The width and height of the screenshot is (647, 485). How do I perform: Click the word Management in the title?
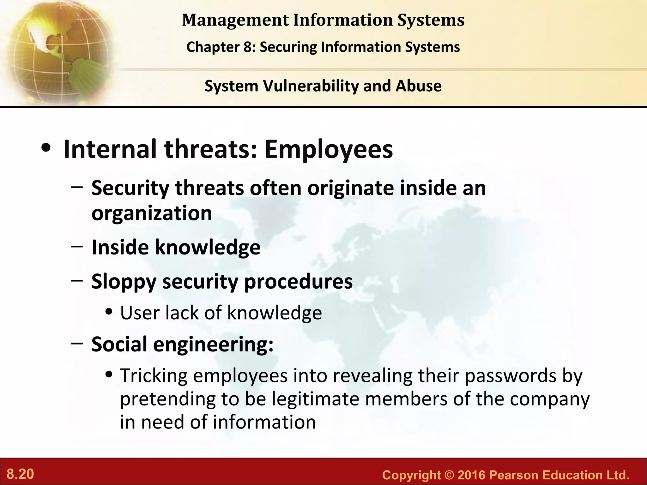tap(235, 20)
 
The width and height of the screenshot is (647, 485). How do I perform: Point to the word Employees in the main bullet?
tap(329, 149)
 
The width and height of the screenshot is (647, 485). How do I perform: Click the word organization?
tap(152, 213)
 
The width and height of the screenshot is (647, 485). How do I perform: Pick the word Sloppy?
tap(124, 282)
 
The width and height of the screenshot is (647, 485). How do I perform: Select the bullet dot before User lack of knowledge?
tap(109, 312)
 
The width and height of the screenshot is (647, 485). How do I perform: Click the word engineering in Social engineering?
tap(213, 344)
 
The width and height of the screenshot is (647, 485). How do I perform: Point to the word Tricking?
tap(154, 376)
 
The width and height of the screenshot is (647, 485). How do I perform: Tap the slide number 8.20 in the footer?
tap(20, 474)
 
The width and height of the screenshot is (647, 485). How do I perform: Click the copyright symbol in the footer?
tap(449, 475)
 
